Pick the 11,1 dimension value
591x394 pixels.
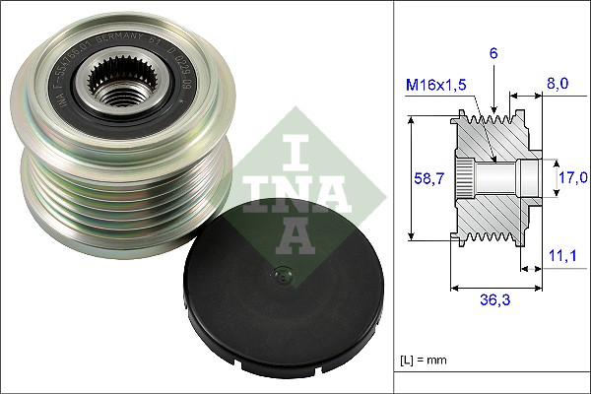563,255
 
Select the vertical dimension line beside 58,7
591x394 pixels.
407,177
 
